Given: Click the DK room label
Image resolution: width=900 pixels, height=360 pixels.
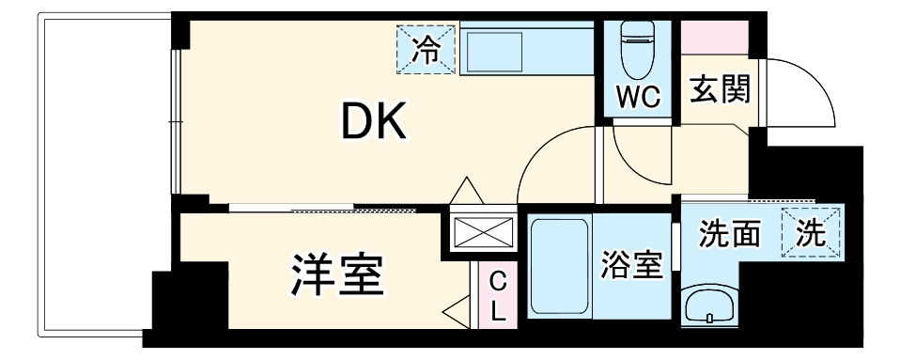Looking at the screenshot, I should tap(373, 121).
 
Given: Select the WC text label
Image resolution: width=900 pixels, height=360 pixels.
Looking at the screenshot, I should tap(638, 95).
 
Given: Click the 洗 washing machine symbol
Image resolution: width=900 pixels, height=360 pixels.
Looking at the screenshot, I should tap(810, 234).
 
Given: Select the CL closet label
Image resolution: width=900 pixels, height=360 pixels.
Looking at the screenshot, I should tap(497, 295).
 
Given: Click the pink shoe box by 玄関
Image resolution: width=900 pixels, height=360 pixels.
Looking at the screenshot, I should tap(715, 37).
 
